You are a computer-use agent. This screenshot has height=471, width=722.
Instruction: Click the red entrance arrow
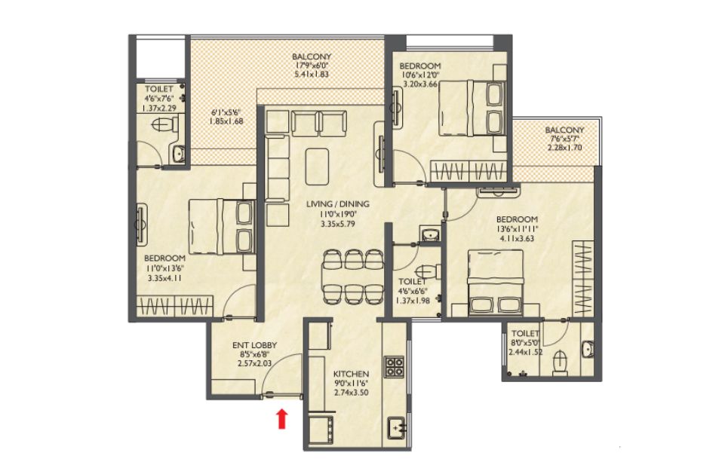tap(282, 419)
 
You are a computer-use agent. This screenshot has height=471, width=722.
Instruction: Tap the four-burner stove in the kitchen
tap(394, 367)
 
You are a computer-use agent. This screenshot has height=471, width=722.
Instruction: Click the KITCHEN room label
tap(351, 374)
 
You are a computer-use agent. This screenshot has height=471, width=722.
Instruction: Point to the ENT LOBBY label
tap(254, 345)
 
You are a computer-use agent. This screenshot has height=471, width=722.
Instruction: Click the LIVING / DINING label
tap(337, 204)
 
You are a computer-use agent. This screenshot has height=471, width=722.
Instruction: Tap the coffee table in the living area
tap(318, 165)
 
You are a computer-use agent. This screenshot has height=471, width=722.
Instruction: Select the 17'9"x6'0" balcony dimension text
tap(312, 66)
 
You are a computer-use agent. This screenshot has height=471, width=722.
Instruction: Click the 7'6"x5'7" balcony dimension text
tap(564, 139)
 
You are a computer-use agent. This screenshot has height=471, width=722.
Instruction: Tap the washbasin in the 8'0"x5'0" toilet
tap(588, 349)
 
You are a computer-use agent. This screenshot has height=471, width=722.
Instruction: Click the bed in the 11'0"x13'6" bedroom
tap(222, 226)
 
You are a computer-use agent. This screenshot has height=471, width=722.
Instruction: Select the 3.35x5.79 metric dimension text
tap(337, 225)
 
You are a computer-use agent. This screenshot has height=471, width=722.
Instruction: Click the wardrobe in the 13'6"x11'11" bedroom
tap(582, 278)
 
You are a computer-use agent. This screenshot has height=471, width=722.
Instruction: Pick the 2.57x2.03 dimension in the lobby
tap(254, 363)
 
